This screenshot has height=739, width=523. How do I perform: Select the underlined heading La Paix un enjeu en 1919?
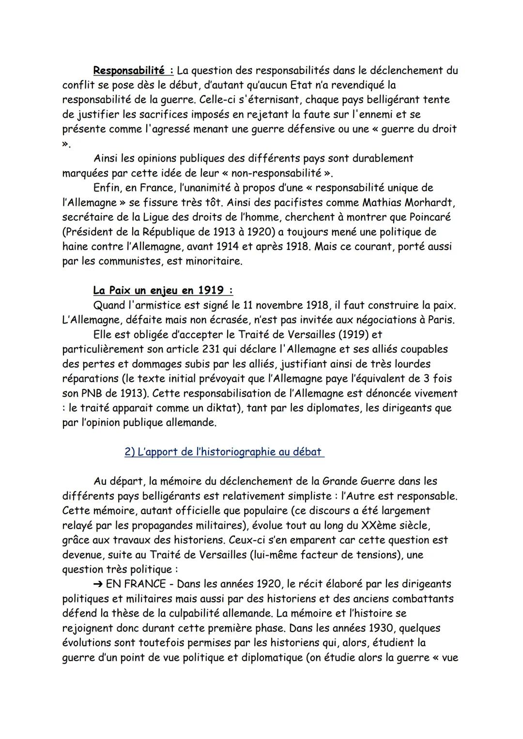163,291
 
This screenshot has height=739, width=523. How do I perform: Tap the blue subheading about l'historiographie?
224,452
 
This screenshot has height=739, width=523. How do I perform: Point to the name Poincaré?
430,217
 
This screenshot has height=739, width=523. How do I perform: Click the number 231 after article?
201,349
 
